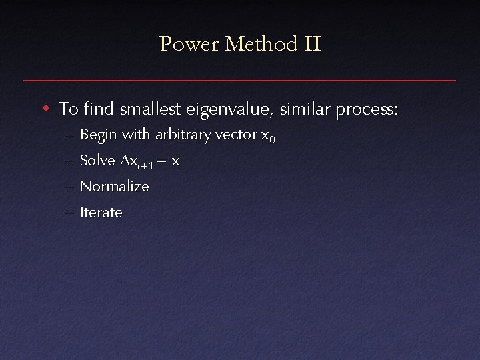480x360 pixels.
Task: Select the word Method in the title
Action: pos(261,45)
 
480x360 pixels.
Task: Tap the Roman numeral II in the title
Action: pos(312,45)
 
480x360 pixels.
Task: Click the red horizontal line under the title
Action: pos(240,81)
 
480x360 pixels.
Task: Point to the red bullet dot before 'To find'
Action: pos(44,108)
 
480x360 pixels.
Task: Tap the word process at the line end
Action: pos(367,109)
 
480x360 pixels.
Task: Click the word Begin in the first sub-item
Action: pos(98,135)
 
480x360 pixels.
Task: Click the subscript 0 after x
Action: pos(272,139)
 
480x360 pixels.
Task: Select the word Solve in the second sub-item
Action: pos(97,161)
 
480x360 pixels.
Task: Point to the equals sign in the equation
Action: pos(161,161)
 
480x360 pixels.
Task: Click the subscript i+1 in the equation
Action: pos(145,165)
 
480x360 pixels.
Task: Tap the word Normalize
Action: pos(114,187)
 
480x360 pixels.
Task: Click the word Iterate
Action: pos(101,213)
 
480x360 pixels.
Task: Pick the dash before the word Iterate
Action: pos(70,213)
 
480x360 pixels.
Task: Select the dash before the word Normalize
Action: pos(70,187)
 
